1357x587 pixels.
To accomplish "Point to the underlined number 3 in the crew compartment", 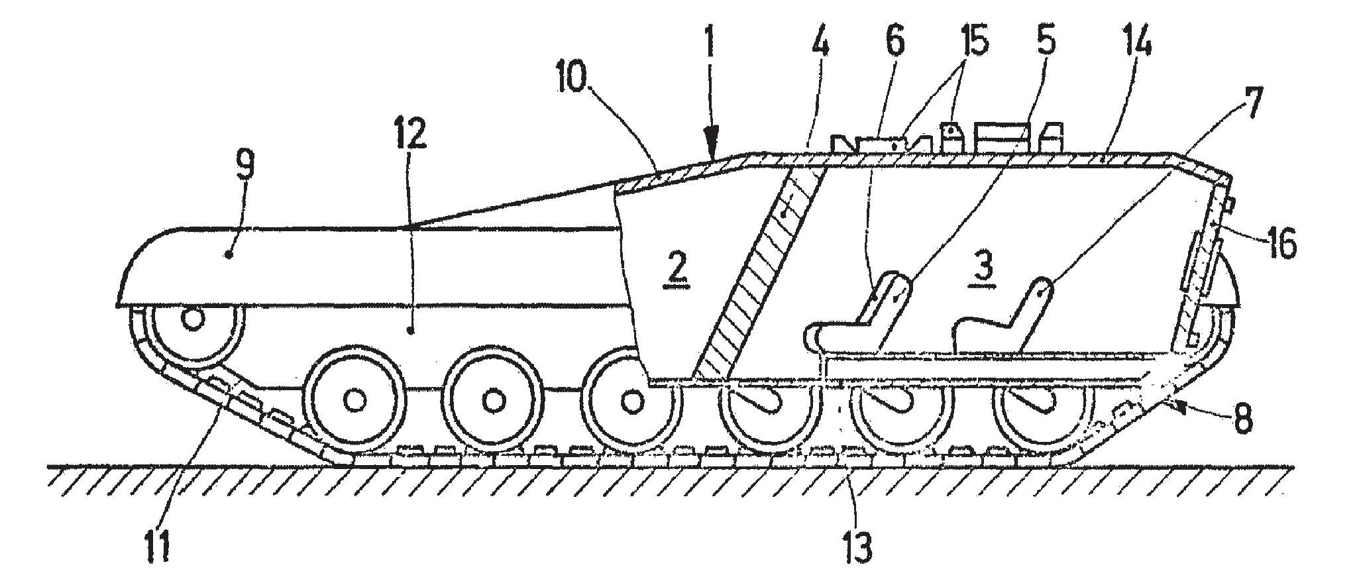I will point(982,267).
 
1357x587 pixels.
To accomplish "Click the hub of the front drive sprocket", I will point(193,319).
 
